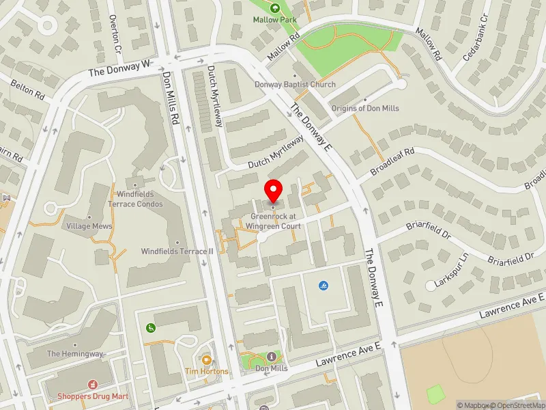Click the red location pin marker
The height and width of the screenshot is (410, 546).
[x=274, y=189]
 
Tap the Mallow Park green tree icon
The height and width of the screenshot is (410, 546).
[x=274, y=8]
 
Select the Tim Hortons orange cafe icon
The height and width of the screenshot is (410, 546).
[x=207, y=359]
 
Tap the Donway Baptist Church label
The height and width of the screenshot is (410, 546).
[x=295, y=85]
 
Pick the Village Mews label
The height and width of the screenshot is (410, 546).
[x=84, y=225]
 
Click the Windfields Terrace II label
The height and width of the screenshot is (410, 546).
[x=177, y=251]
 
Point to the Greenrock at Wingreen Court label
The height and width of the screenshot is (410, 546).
[x=273, y=221]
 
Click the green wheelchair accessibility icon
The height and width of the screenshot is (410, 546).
[x=151, y=327]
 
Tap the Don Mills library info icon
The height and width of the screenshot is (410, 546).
[x=272, y=357]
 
